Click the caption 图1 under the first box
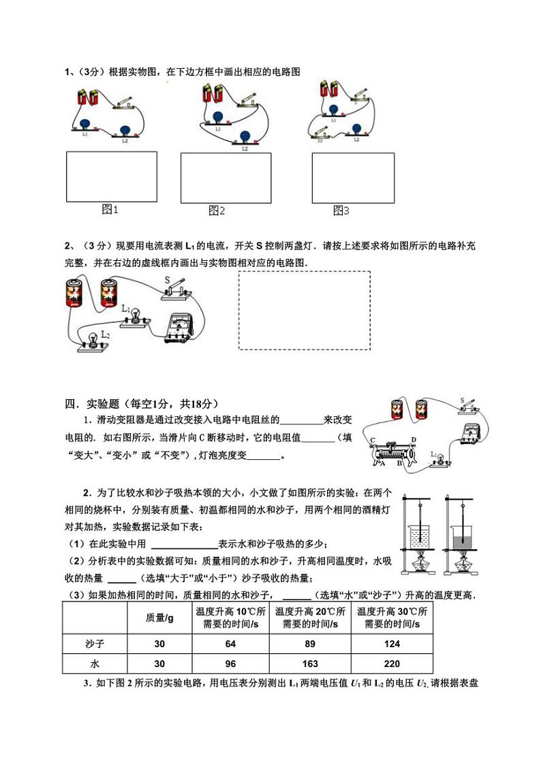(110, 210)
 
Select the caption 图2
(217, 211)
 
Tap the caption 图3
(341, 211)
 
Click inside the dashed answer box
(304, 310)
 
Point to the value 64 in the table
(232, 644)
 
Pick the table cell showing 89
(311, 644)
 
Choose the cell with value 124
(392, 644)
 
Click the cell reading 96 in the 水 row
(232, 664)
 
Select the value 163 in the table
(311, 664)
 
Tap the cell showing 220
(392, 664)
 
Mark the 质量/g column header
(159, 618)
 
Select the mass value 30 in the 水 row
(159, 664)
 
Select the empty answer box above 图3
(353, 177)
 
